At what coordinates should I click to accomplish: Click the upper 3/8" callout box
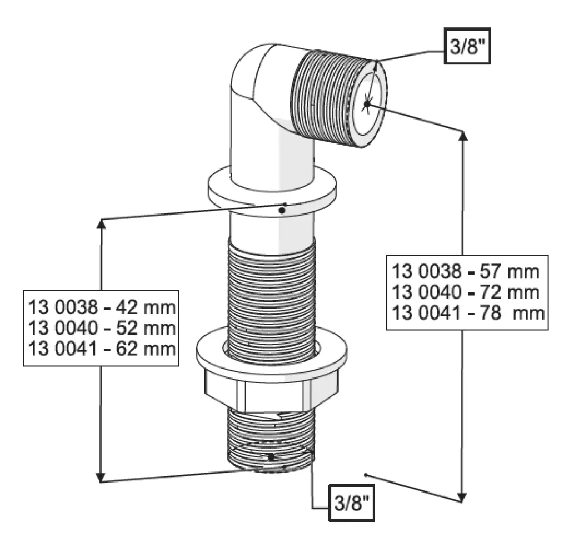(467, 46)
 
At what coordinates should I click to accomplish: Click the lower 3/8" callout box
(351, 503)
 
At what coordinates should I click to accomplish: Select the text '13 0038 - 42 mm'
(102, 307)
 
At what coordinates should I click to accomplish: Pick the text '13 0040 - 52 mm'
(102, 328)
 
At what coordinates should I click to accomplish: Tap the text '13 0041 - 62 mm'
(102, 349)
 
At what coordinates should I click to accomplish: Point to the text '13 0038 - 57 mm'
(466, 271)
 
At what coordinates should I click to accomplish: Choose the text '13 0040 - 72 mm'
(466, 292)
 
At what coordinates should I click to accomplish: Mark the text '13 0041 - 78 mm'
(468, 312)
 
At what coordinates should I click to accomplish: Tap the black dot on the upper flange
(282, 210)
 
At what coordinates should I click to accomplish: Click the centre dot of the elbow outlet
(367, 104)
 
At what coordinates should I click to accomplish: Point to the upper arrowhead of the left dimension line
(101, 224)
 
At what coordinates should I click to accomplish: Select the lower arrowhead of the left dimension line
(101, 477)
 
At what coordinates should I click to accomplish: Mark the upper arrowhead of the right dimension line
(463, 136)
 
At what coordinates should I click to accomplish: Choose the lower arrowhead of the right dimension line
(462, 497)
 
